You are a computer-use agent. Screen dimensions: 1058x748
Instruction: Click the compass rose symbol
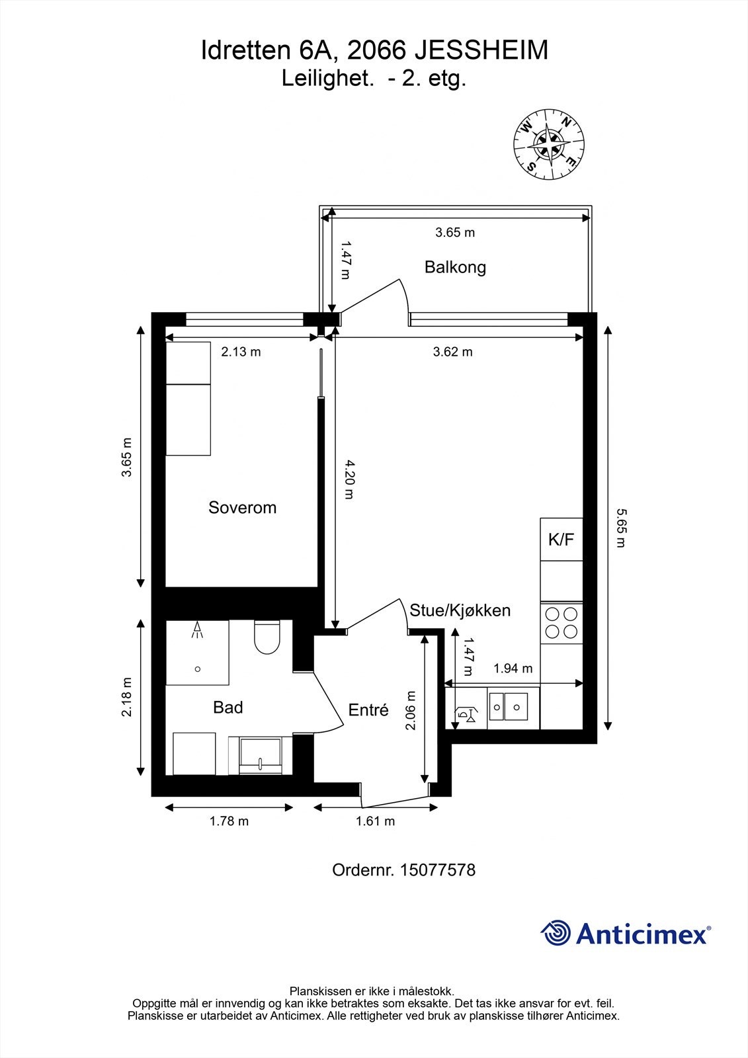click(x=550, y=144)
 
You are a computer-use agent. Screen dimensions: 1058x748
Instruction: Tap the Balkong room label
click(x=455, y=267)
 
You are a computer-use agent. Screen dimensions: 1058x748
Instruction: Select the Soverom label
click(x=242, y=507)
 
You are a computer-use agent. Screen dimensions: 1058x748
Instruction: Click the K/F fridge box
click(x=561, y=539)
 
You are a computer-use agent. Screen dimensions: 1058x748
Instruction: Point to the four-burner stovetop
click(x=561, y=623)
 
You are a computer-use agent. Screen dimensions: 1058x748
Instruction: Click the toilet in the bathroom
click(x=267, y=637)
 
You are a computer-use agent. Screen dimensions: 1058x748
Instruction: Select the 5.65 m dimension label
click(x=620, y=528)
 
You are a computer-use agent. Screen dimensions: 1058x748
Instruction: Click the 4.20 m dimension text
click(x=349, y=478)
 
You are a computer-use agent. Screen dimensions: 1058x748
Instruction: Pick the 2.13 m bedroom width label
click(x=241, y=352)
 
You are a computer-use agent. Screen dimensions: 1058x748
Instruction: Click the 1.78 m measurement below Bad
click(x=229, y=821)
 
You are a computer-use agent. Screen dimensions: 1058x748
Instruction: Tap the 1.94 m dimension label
click(x=513, y=669)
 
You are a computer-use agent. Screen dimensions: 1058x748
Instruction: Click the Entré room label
click(x=368, y=710)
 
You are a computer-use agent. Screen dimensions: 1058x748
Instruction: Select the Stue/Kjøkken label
click(x=460, y=610)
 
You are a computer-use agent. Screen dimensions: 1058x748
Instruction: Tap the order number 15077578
click(x=437, y=870)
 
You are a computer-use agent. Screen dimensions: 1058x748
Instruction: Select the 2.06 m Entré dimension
click(x=411, y=710)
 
